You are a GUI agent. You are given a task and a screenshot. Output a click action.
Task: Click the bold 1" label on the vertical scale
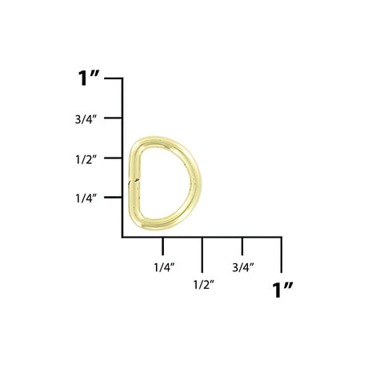[88, 79]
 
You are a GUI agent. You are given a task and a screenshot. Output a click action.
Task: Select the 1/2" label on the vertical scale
[86, 158]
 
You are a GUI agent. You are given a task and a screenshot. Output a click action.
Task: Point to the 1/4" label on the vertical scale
[86, 198]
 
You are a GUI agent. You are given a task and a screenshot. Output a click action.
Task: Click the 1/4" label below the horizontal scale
[162, 266]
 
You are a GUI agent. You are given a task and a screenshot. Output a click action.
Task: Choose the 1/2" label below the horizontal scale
[202, 284]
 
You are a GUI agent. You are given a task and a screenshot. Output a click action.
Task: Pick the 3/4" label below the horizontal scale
[242, 266]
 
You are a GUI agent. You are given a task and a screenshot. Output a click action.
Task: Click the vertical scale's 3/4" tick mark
[117, 118]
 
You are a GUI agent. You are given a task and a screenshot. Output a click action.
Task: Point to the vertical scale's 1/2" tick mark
[117, 158]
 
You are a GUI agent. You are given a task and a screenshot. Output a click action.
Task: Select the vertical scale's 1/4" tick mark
[117, 198]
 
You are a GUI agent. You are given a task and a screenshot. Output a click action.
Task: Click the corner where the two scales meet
[122, 238]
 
